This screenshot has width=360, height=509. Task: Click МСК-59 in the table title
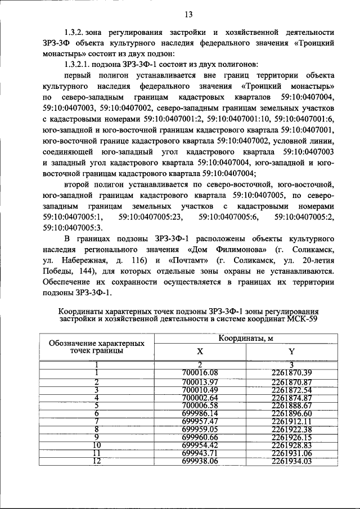click(301, 319)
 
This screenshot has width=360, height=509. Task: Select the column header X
click(200, 352)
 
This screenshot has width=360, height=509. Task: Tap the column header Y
click(291, 352)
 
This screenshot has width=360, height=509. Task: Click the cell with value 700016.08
click(200, 372)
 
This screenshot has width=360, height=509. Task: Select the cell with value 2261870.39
click(291, 372)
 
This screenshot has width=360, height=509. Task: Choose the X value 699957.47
click(200, 421)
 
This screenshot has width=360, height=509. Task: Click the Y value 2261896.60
click(291, 413)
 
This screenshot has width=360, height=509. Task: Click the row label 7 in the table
click(96, 421)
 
